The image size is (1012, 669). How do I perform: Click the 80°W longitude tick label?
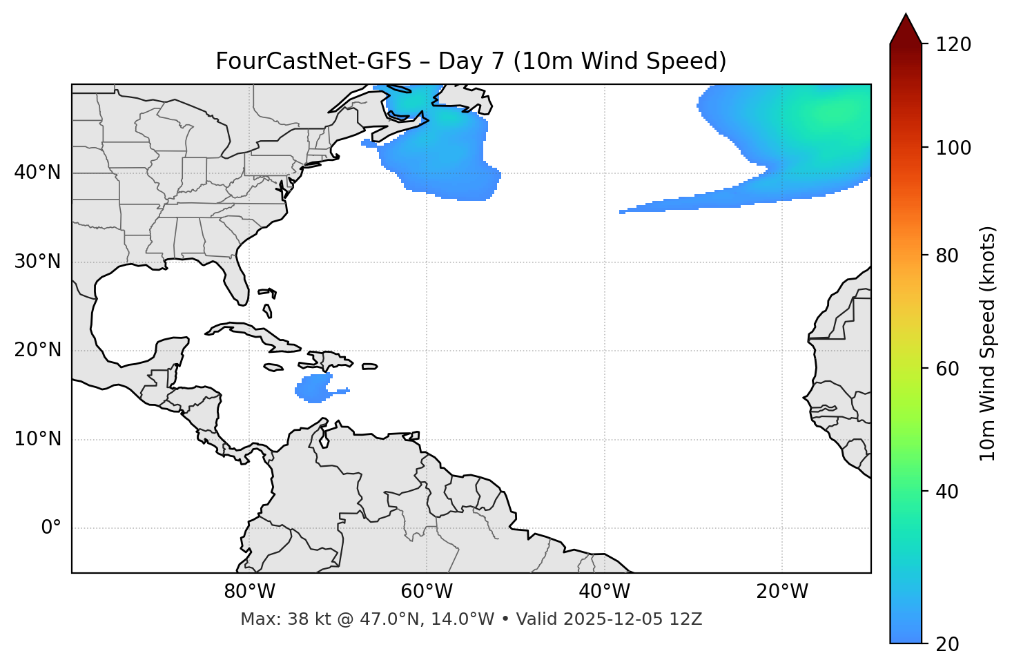[249, 592]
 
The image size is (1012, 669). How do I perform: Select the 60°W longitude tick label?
[427, 592]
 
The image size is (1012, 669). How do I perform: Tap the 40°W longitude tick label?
[604, 592]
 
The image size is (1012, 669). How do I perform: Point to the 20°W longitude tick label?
[781, 592]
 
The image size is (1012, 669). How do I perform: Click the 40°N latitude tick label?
[38, 173]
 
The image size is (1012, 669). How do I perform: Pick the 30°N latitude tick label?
[38, 262]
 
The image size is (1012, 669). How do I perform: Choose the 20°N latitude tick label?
[38, 350]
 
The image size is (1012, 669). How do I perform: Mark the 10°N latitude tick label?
[38, 439]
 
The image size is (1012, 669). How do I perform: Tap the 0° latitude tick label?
[51, 528]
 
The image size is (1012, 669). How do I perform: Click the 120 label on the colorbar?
[953, 45]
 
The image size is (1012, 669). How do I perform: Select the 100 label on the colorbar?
[953, 148]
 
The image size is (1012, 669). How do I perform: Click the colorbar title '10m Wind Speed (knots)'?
[988, 343]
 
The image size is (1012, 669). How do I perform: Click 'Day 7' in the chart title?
[471, 61]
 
